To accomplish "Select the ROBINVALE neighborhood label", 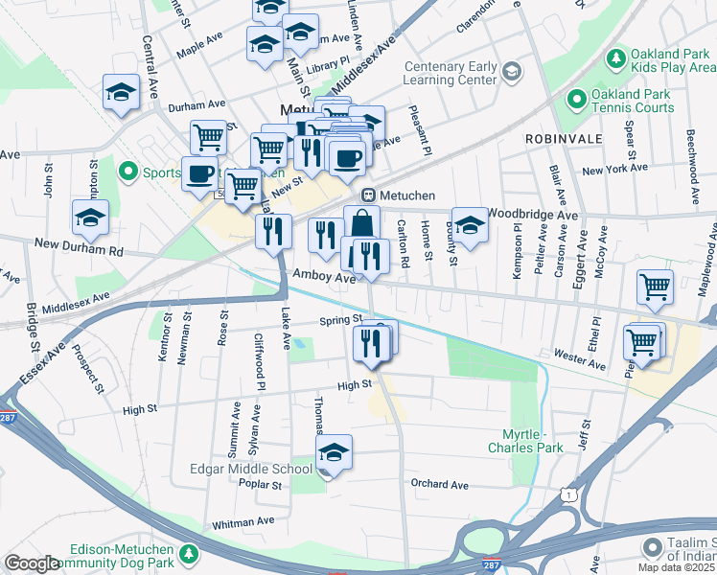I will (563, 139).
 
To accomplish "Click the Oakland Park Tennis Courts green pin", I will (576, 99).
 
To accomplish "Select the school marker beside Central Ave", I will (122, 92).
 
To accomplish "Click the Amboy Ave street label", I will (325, 276).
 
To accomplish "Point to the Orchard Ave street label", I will (439, 485).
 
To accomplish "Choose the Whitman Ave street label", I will (243, 522).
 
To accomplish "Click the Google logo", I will (32, 563).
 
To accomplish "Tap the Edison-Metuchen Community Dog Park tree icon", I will (189, 555).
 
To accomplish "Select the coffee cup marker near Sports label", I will (199, 173).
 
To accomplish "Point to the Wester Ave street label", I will (580, 365).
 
